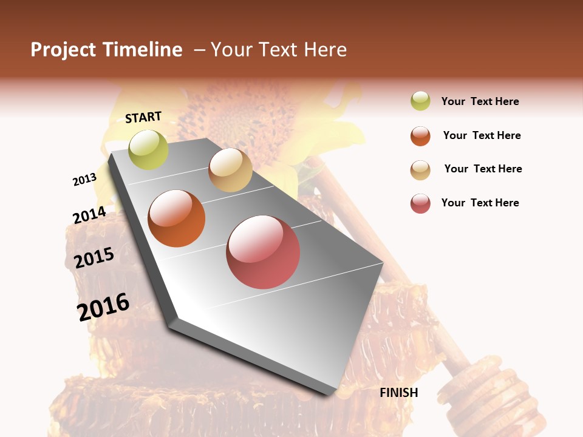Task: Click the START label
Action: (143, 117)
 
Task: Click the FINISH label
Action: (399, 393)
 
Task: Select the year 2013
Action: (84, 180)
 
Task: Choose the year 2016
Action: (104, 307)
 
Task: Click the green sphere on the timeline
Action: (148, 149)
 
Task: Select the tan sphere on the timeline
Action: (230, 170)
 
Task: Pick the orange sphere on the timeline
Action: (177, 218)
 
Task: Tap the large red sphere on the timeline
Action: (263, 252)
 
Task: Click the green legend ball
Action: (420, 101)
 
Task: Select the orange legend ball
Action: (420, 135)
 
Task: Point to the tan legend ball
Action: (420, 169)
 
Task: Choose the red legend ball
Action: (420, 203)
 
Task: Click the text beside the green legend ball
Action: (480, 101)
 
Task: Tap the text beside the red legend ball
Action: (480, 203)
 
